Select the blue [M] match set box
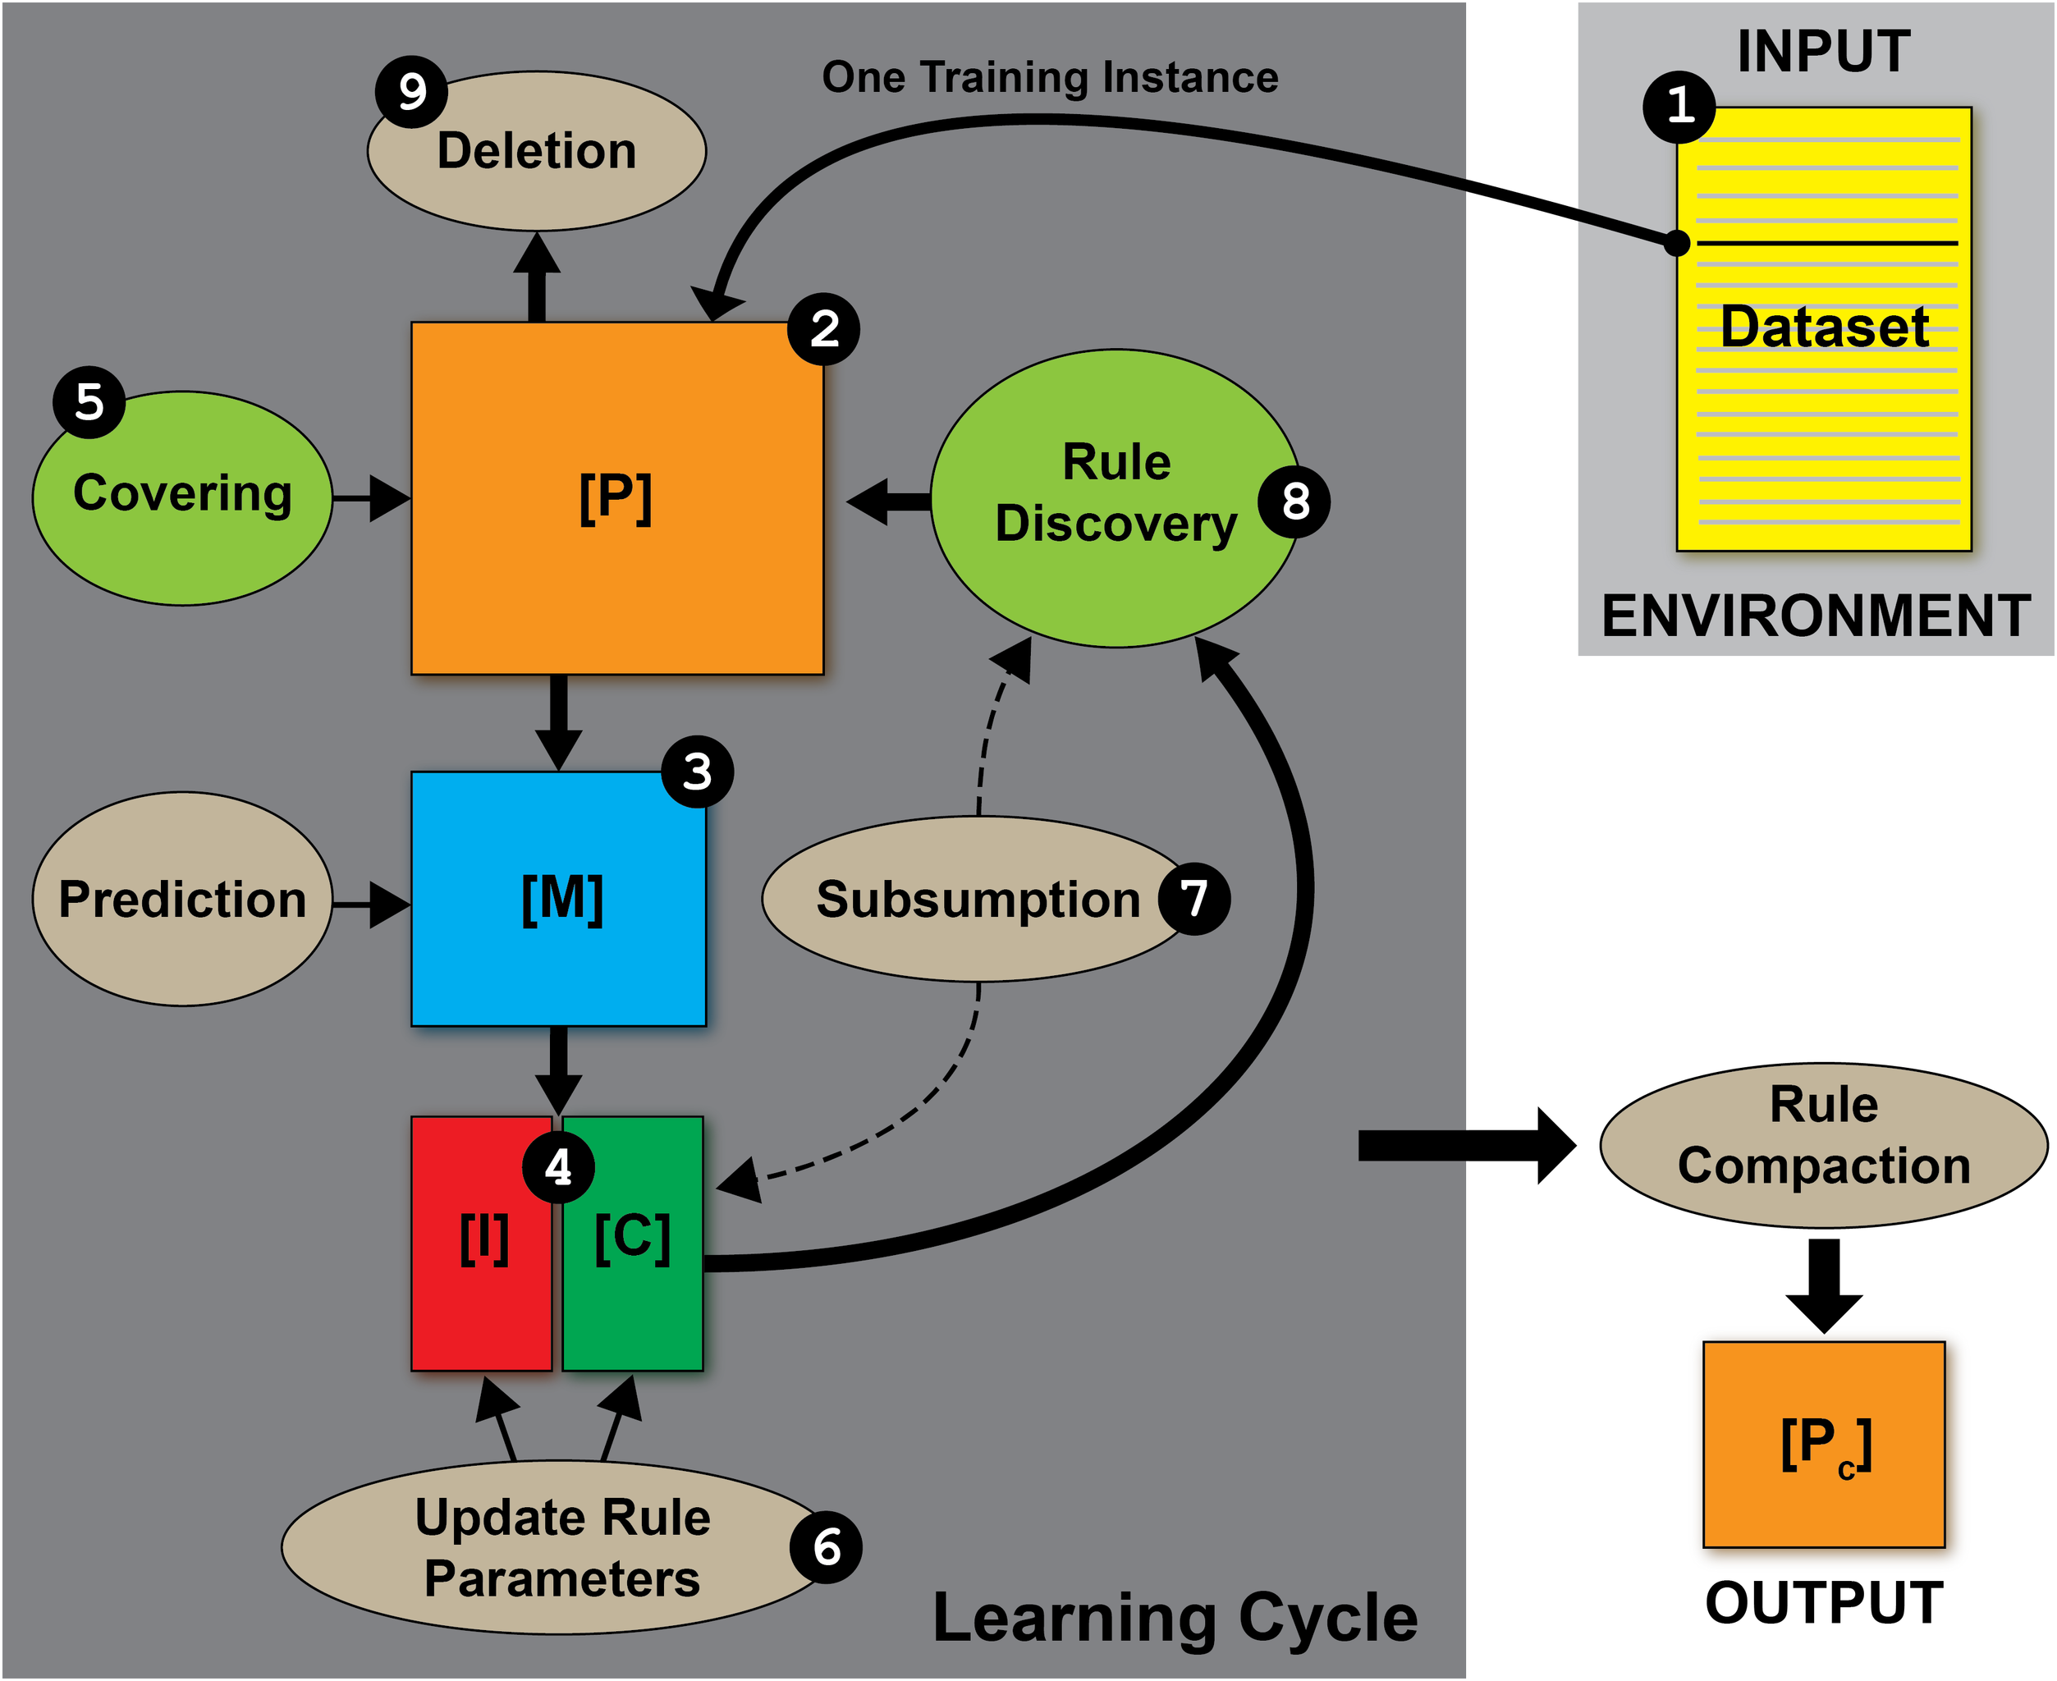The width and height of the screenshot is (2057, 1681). point(559,898)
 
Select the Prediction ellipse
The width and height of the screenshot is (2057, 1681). point(182,899)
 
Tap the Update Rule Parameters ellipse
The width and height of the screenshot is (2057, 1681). point(561,1547)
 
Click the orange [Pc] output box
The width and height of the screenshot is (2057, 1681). point(1822,1443)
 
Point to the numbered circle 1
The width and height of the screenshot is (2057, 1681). point(1679,106)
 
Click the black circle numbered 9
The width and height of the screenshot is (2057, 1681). point(410,92)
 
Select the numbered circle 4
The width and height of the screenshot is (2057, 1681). point(558,1167)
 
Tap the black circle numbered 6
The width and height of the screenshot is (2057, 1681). point(825,1546)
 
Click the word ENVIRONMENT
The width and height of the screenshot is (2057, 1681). point(1816,616)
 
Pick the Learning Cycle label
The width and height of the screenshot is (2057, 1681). point(1175,1617)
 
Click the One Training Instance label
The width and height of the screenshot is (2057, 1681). point(1050,77)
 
